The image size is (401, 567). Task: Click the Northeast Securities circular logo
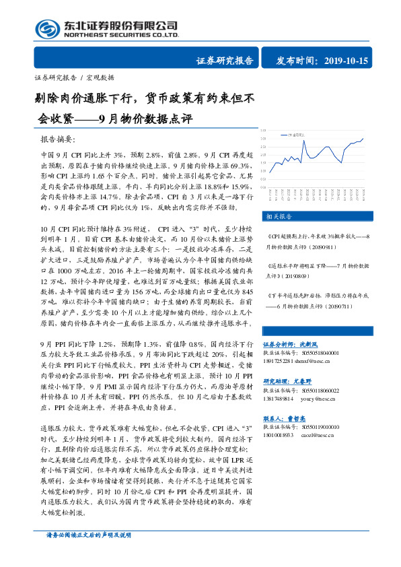pyautogui.click(x=47, y=28)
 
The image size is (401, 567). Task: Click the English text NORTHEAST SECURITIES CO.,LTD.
pyautogui.click(x=120, y=35)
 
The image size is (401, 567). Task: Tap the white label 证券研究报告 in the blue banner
pyautogui.click(x=225, y=61)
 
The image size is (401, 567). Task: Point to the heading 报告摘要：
pyautogui.click(x=59, y=139)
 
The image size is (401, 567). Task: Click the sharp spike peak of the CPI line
pyautogui.click(x=303, y=141)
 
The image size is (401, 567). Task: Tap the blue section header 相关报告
pyautogui.click(x=278, y=217)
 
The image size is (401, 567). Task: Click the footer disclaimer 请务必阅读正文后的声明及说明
pyautogui.click(x=82, y=554)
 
